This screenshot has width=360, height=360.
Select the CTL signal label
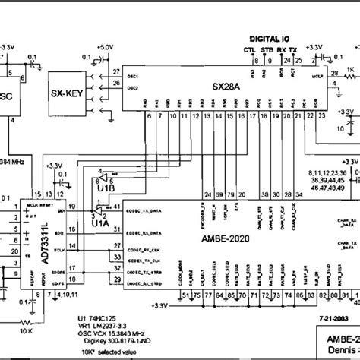point(249,50)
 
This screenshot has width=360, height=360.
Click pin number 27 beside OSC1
point(115,72)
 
